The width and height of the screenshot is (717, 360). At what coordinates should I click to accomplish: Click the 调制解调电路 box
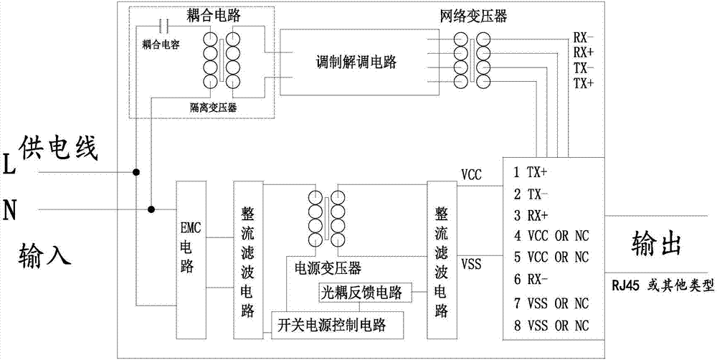click(x=358, y=60)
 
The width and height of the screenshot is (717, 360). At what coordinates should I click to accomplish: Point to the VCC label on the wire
click(x=473, y=175)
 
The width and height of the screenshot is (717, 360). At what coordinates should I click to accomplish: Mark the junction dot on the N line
click(x=151, y=209)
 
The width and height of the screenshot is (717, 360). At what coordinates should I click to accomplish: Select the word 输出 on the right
click(x=654, y=244)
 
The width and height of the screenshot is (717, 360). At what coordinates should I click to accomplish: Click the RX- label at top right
click(x=583, y=37)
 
